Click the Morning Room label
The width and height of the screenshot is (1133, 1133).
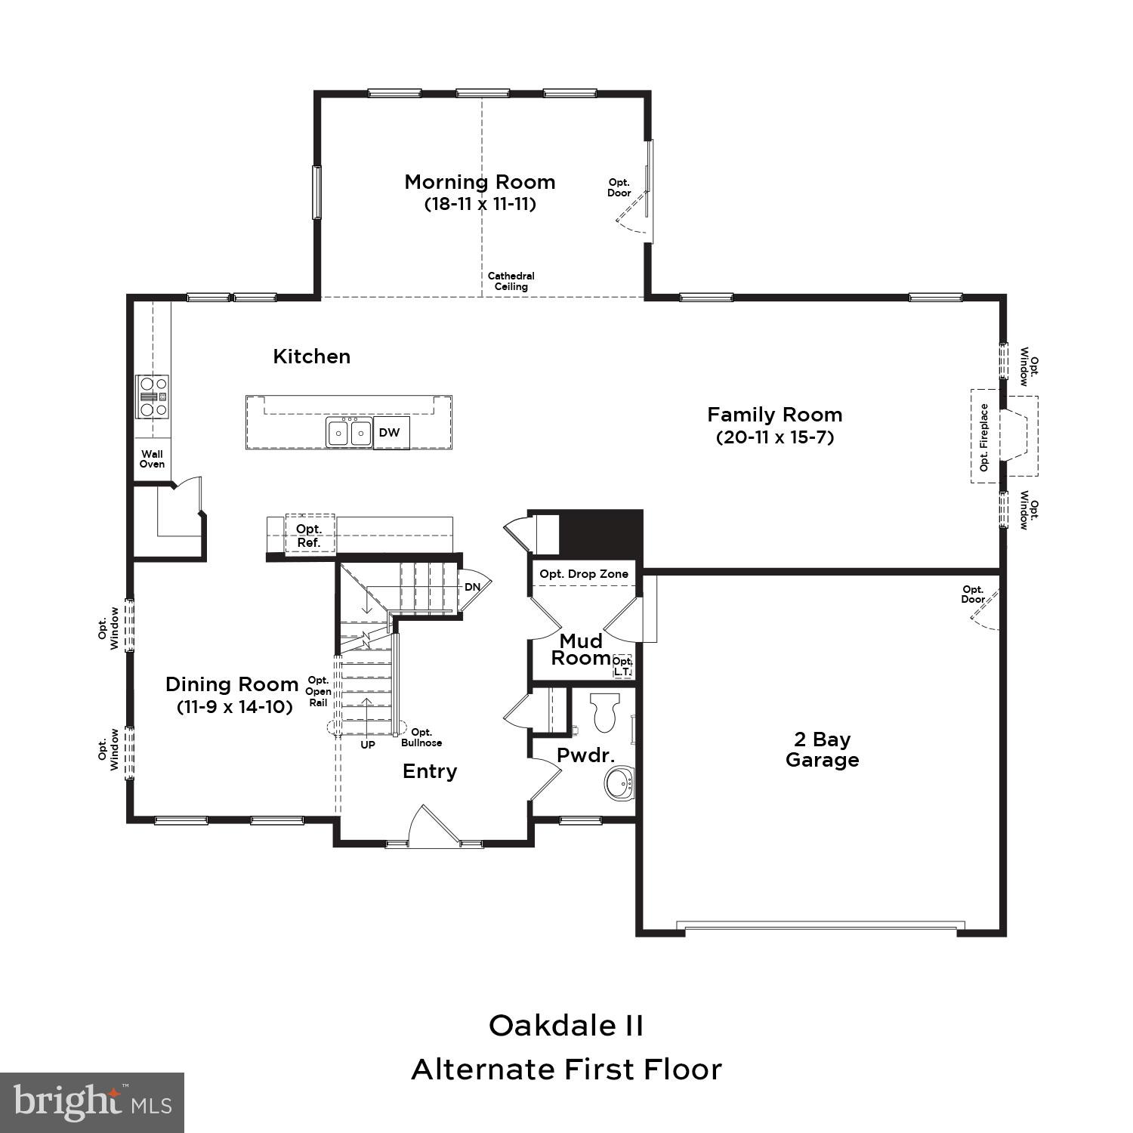point(480,182)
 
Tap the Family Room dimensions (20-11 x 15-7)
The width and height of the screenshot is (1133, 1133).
point(774,437)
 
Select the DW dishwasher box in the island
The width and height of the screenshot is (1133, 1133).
point(390,433)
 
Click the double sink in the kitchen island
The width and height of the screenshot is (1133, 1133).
point(350,433)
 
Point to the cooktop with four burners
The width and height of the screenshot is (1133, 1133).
point(152,397)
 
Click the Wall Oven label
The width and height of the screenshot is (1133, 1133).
point(152,459)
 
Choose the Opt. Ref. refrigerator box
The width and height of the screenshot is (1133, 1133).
point(309,536)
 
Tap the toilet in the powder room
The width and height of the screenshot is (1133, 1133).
point(605,712)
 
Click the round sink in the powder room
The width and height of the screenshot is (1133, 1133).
point(620,783)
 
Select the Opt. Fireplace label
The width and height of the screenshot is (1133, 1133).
point(983,437)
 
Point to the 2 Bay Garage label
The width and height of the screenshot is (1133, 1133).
point(822,749)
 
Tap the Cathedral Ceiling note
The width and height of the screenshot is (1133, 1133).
point(511,281)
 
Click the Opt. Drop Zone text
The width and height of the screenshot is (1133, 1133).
point(584,574)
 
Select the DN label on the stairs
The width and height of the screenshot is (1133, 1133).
point(472,587)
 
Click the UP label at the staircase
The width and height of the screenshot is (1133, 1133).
point(368,745)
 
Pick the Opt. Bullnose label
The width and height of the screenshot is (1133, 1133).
point(421,737)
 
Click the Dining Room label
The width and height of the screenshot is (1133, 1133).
point(232,684)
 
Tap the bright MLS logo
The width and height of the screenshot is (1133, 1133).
point(91,1103)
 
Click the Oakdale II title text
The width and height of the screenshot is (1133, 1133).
point(566,1026)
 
